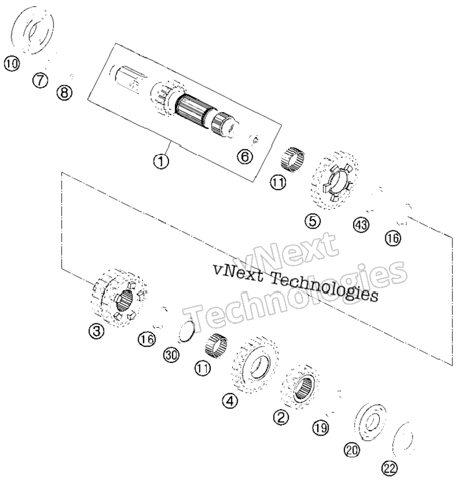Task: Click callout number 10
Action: coord(11,64)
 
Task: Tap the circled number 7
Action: coord(40,81)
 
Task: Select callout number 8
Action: coord(64,92)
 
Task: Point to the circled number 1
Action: coord(161,161)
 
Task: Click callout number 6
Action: coord(245,157)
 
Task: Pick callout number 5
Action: coord(313,221)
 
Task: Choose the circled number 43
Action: coord(361,224)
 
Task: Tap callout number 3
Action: coord(96,331)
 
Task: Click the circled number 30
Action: coord(171,355)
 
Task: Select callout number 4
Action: coord(230,401)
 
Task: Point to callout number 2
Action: coord(281,417)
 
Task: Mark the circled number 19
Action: coord(320,428)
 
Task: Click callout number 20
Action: coord(352,450)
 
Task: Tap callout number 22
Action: coord(389,469)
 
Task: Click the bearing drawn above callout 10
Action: coord(32,31)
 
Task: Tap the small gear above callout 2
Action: coord(301,387)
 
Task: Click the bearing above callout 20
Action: coord(371,421)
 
